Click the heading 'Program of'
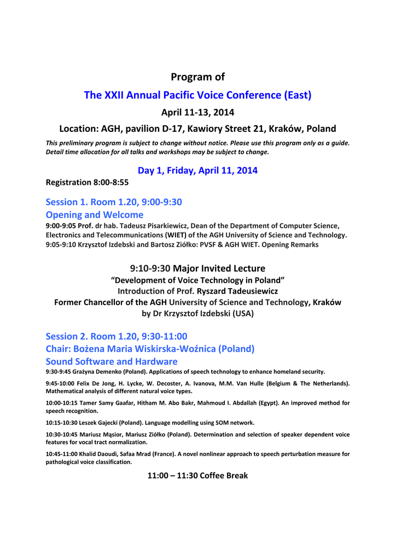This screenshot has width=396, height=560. [197, 77]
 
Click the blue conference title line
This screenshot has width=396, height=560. [197, 95]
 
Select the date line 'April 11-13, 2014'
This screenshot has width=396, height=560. [197, 113]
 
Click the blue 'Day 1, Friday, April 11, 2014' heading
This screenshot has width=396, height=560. [197, 171]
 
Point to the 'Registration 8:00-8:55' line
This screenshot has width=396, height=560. [87, 183]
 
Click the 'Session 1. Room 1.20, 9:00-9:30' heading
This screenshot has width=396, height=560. [114, 202]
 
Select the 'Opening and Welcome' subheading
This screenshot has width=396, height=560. [95, 215]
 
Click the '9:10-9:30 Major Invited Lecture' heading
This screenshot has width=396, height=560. [197, 269]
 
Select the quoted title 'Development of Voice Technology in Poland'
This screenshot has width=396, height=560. [197, 281]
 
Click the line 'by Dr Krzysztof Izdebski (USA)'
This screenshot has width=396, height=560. [197, 314]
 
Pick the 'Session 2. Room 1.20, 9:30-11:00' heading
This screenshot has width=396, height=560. [117, 336]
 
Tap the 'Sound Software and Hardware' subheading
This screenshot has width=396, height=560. [112, 361]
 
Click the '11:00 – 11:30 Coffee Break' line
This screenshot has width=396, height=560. [197, 476]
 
